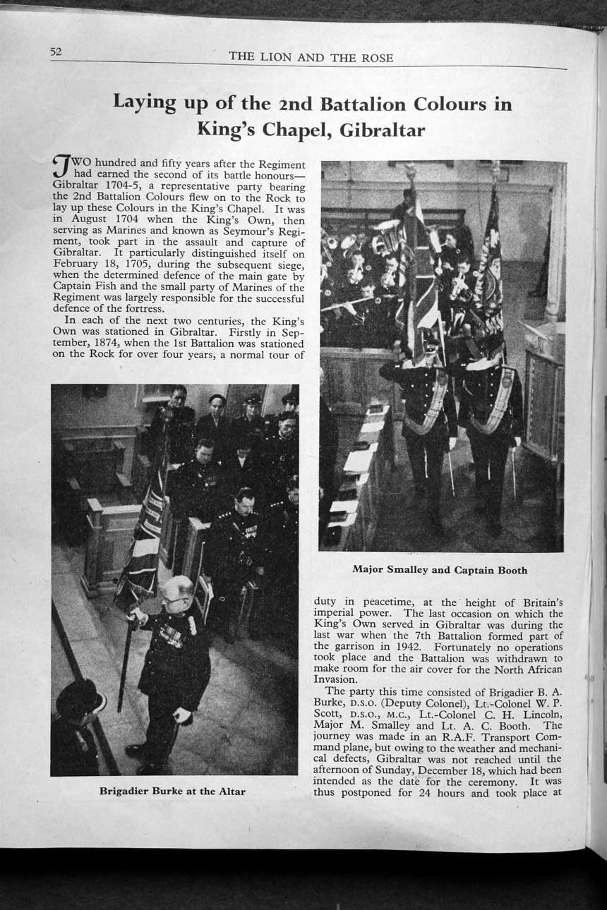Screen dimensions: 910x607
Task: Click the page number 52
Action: (56, 51)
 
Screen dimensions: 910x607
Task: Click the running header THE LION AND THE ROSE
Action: (311, 58)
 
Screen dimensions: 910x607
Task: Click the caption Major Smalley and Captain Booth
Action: (439, 570)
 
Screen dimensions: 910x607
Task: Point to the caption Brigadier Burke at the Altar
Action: (172, 791)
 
